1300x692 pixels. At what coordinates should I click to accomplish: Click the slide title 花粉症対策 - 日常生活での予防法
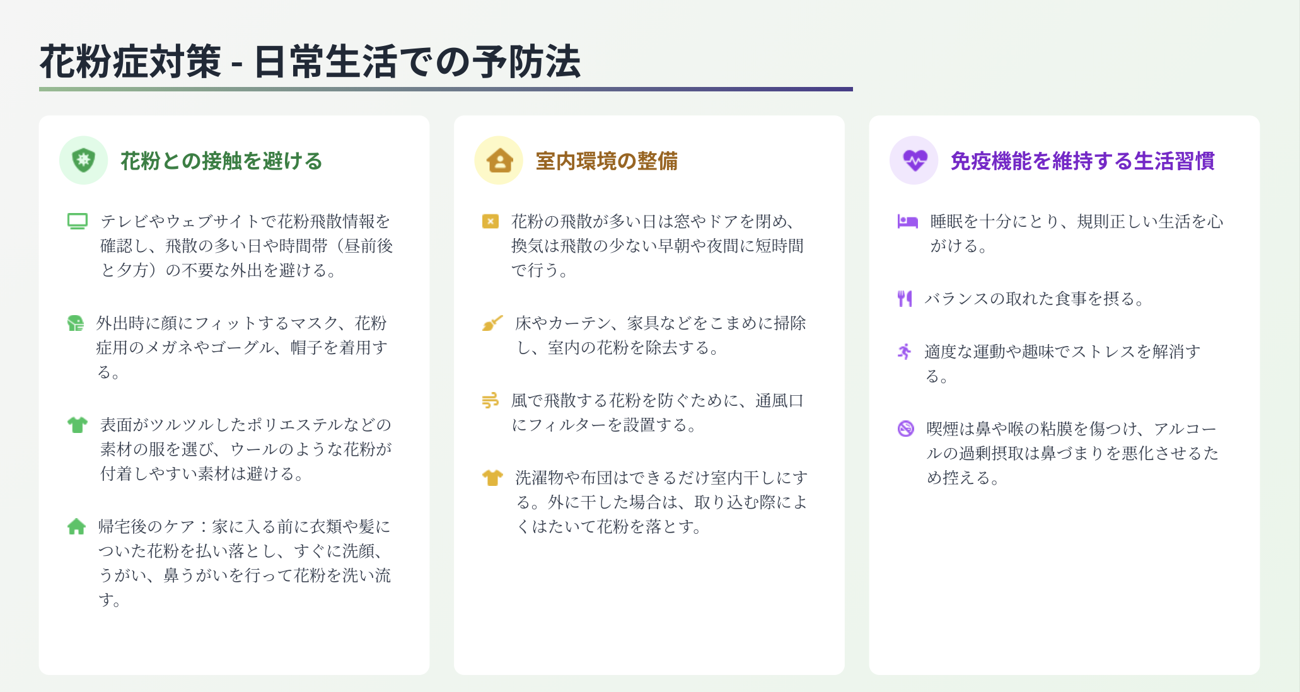(x=310, y=62)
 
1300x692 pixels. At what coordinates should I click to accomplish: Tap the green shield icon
(x=83, y=160)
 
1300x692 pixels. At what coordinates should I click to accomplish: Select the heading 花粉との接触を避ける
(x=221, y=161)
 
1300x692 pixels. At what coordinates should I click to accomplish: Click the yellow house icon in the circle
(x=499, y=161)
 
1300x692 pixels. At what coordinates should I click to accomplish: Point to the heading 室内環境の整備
(x=606, y=161)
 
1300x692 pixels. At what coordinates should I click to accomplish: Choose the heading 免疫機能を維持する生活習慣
(x=1082, y=161)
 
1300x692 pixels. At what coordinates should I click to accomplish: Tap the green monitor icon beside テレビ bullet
(x=78, y=221)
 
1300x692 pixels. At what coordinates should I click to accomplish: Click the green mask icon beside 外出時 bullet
(x=76, y=323)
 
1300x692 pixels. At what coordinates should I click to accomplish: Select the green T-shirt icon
(x=78, y=425)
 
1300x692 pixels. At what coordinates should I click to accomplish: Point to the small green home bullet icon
(x=76, y=526)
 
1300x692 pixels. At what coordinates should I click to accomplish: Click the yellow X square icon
(x=490, y=221)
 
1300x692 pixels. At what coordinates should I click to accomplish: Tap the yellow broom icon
(x=492, y=323)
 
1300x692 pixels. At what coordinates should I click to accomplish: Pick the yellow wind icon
(x=490, y=400)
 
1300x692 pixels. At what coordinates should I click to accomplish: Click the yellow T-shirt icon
(x=492, y=478)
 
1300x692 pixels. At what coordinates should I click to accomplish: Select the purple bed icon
(x=908, y=221)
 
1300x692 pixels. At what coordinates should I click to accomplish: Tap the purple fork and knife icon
(x=905, y=298)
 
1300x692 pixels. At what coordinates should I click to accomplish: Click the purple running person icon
(x=905, y=352)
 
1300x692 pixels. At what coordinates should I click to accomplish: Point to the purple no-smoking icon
(x=905, y=429)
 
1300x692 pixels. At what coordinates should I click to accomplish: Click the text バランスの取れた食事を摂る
(x=1034, y=298)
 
